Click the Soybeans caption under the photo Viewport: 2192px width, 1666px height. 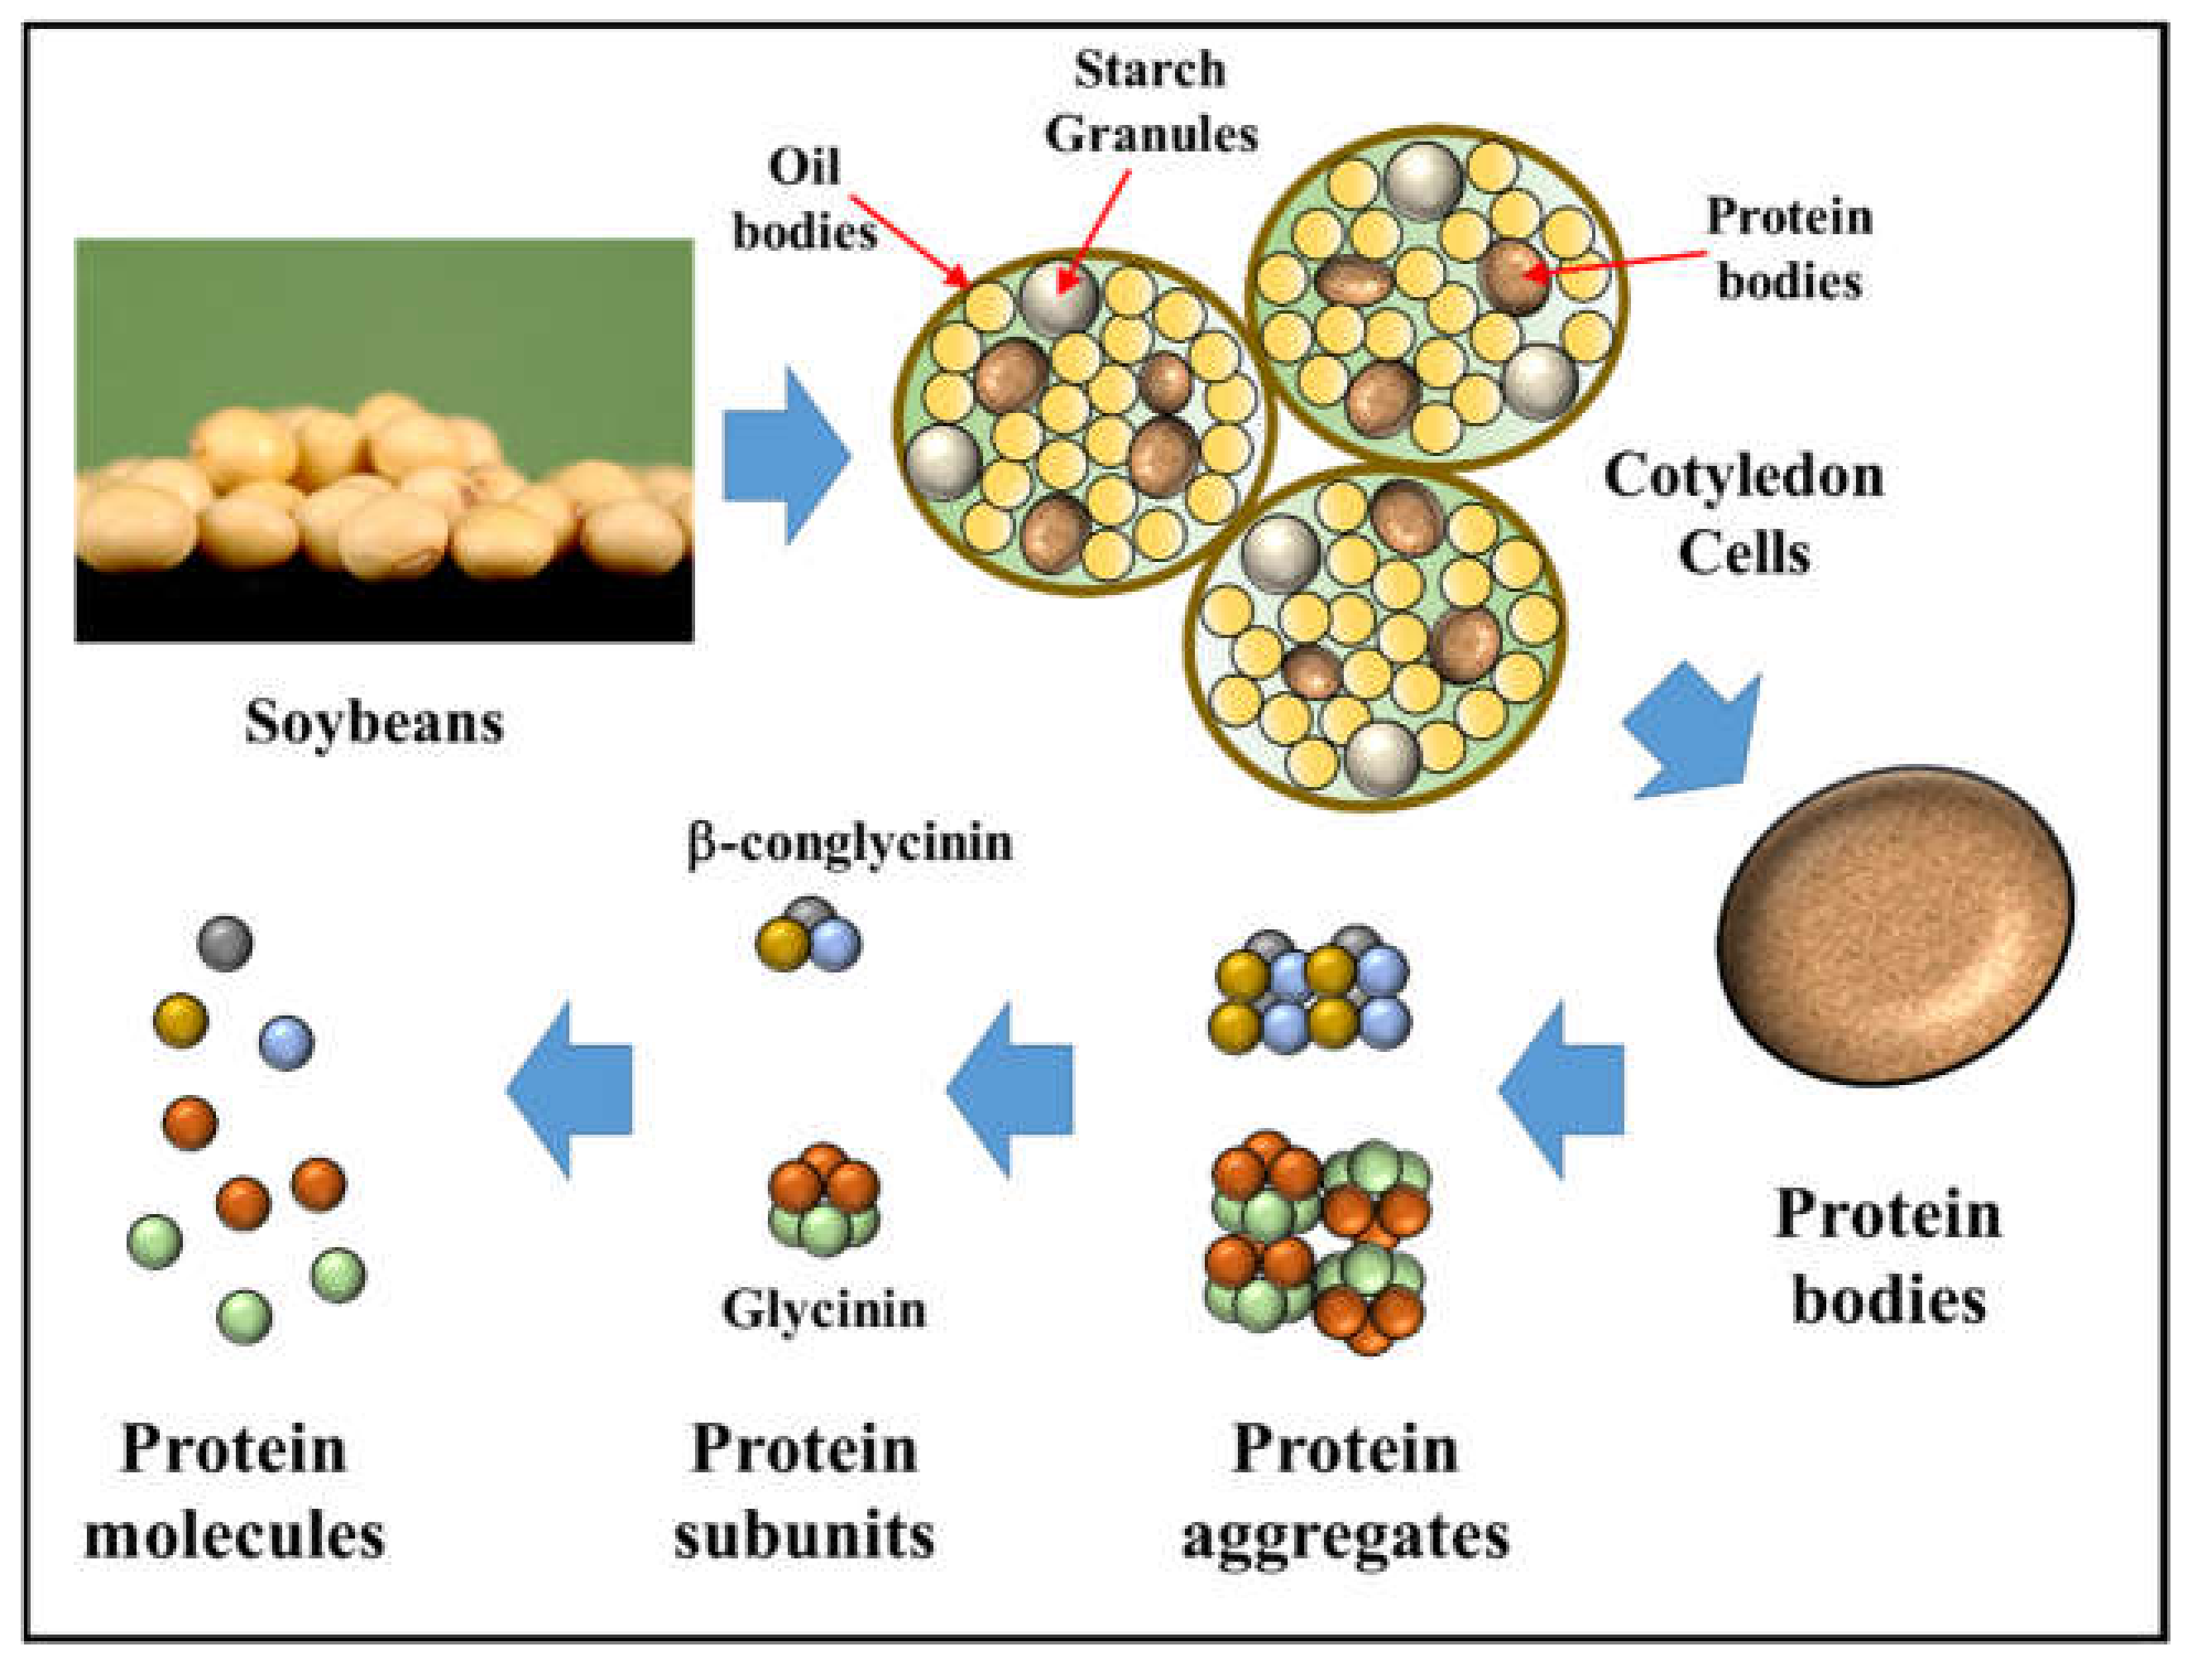tap(374, 723)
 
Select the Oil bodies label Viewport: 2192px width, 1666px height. tap(804, 199)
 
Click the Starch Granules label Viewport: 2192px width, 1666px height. tap(1150, 101)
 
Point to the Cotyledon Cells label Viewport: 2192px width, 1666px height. tap(1743, 514)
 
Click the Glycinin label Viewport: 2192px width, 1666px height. tap(824, 1309)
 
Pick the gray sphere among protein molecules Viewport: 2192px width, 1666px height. tap(225, 942)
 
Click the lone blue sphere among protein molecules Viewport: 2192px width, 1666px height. tap(286, 1042)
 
